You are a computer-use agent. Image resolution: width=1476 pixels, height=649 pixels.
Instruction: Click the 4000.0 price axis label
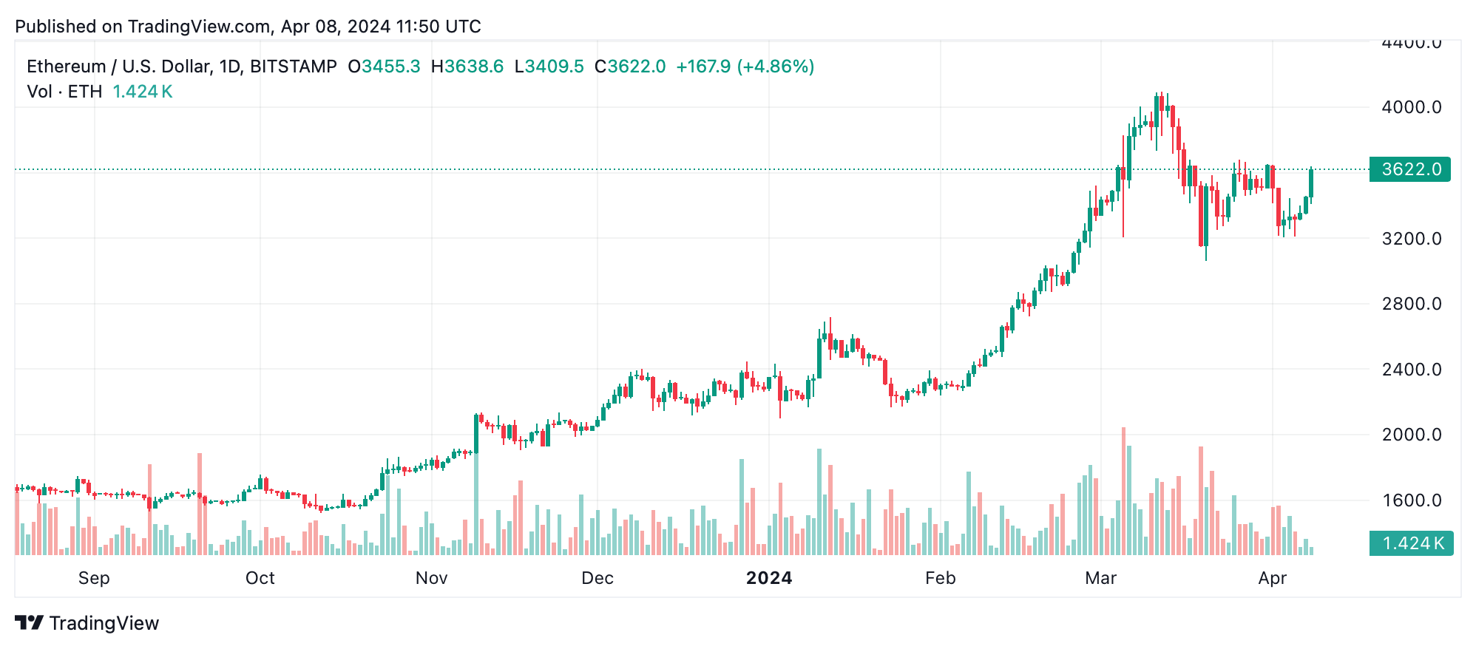click(1411, 107)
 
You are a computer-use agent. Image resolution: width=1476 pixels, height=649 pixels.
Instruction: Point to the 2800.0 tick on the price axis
click(1411, 304)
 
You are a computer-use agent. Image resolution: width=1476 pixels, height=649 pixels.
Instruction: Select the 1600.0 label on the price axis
click(1411, 500)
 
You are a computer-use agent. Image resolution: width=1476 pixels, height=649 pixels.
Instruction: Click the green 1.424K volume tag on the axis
click(1411, 543)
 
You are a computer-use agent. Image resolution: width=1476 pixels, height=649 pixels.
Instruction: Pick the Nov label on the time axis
click(431, 578)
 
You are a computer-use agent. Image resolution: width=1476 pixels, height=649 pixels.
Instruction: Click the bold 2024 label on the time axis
click(768, 578)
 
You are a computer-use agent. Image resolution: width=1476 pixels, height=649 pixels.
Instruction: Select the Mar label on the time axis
click(1100, 578)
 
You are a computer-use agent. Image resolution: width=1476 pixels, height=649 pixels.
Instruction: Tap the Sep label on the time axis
click(94, 578)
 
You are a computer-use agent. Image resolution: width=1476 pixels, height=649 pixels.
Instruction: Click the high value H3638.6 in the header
click(467, 67)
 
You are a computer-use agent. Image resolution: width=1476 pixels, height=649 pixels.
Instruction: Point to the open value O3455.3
click(384, 67)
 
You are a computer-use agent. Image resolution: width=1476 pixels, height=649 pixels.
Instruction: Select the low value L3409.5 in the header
click(549, 67)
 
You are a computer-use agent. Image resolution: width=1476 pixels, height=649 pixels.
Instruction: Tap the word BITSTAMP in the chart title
click(293, 67)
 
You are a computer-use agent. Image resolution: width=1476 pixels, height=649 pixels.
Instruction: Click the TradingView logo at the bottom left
click(87, 623)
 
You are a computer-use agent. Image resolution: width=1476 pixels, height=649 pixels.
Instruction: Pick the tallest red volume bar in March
click(1123, 491)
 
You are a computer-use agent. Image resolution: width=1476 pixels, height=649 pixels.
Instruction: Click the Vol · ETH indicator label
click(64, 92)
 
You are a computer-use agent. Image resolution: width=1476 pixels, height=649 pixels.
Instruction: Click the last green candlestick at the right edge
click(1311, 183)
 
